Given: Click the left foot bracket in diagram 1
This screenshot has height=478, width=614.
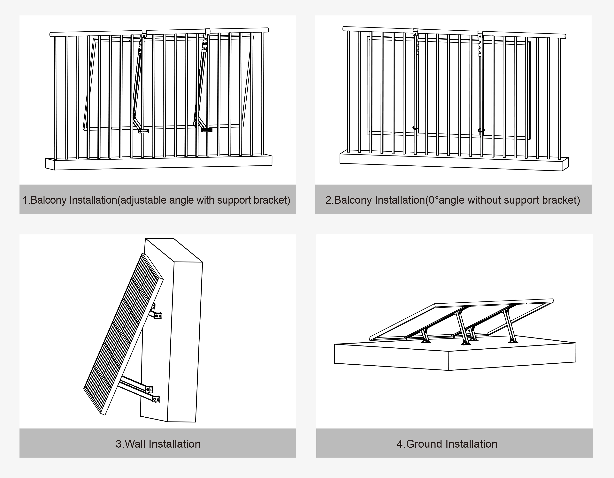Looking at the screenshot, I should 143,131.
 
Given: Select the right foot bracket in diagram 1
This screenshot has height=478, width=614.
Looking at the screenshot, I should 207,130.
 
